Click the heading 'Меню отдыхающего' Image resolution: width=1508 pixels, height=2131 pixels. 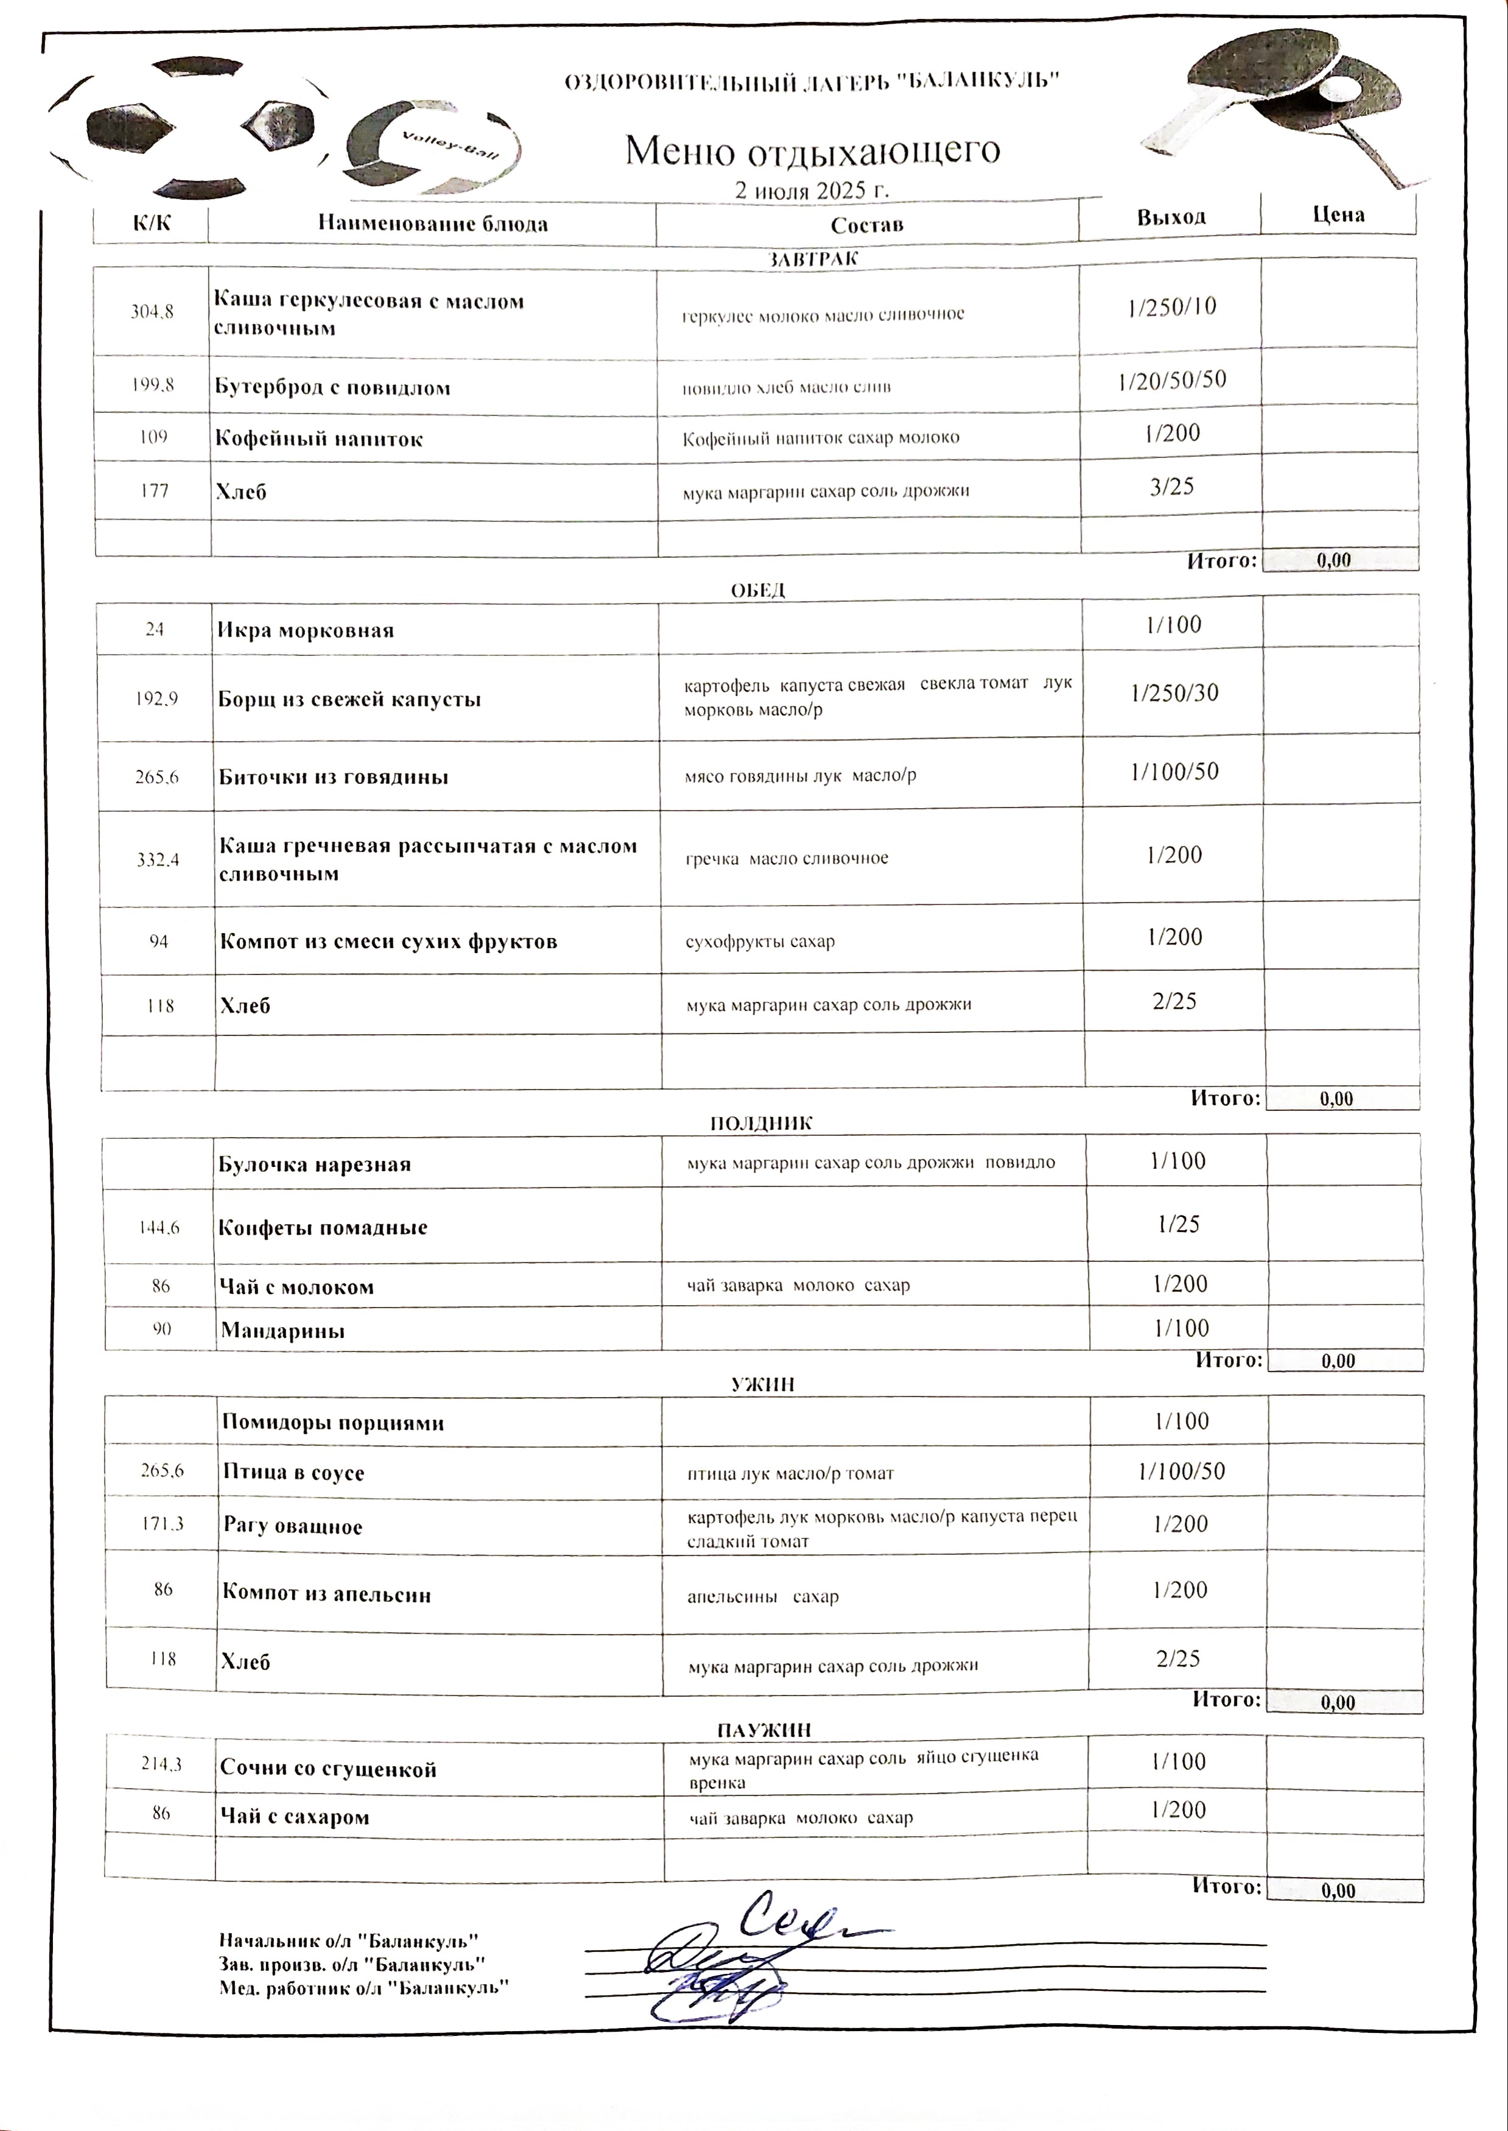(813, 150)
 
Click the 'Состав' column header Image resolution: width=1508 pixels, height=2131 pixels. (866, 225)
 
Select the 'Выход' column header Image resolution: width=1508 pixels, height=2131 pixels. (1171, 217)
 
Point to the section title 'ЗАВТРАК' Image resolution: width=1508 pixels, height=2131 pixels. (813, 259)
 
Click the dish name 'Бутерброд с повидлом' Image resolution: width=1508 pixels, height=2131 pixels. (332, 387)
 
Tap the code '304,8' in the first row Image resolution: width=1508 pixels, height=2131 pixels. (152, 312)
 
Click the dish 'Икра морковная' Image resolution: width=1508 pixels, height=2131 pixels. (306, 631)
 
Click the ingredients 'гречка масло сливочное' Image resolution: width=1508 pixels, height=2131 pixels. (787, 858)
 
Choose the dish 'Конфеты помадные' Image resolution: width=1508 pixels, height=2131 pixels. (322, 1227)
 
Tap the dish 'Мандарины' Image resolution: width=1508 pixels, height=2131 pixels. (282, 1330)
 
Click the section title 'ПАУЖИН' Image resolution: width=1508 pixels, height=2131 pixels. (764, 1730)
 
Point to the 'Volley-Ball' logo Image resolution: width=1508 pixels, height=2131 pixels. (427, 149)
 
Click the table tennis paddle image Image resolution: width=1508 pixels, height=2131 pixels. (1282, 102)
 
